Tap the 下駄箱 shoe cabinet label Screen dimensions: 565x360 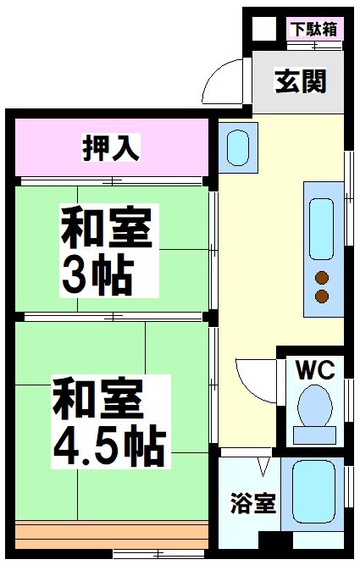314,28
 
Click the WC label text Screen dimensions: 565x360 316,369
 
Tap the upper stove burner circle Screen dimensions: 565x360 322,277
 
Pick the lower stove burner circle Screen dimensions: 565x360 322,296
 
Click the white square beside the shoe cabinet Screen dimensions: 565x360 266,28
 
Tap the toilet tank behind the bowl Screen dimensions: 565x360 315,434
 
